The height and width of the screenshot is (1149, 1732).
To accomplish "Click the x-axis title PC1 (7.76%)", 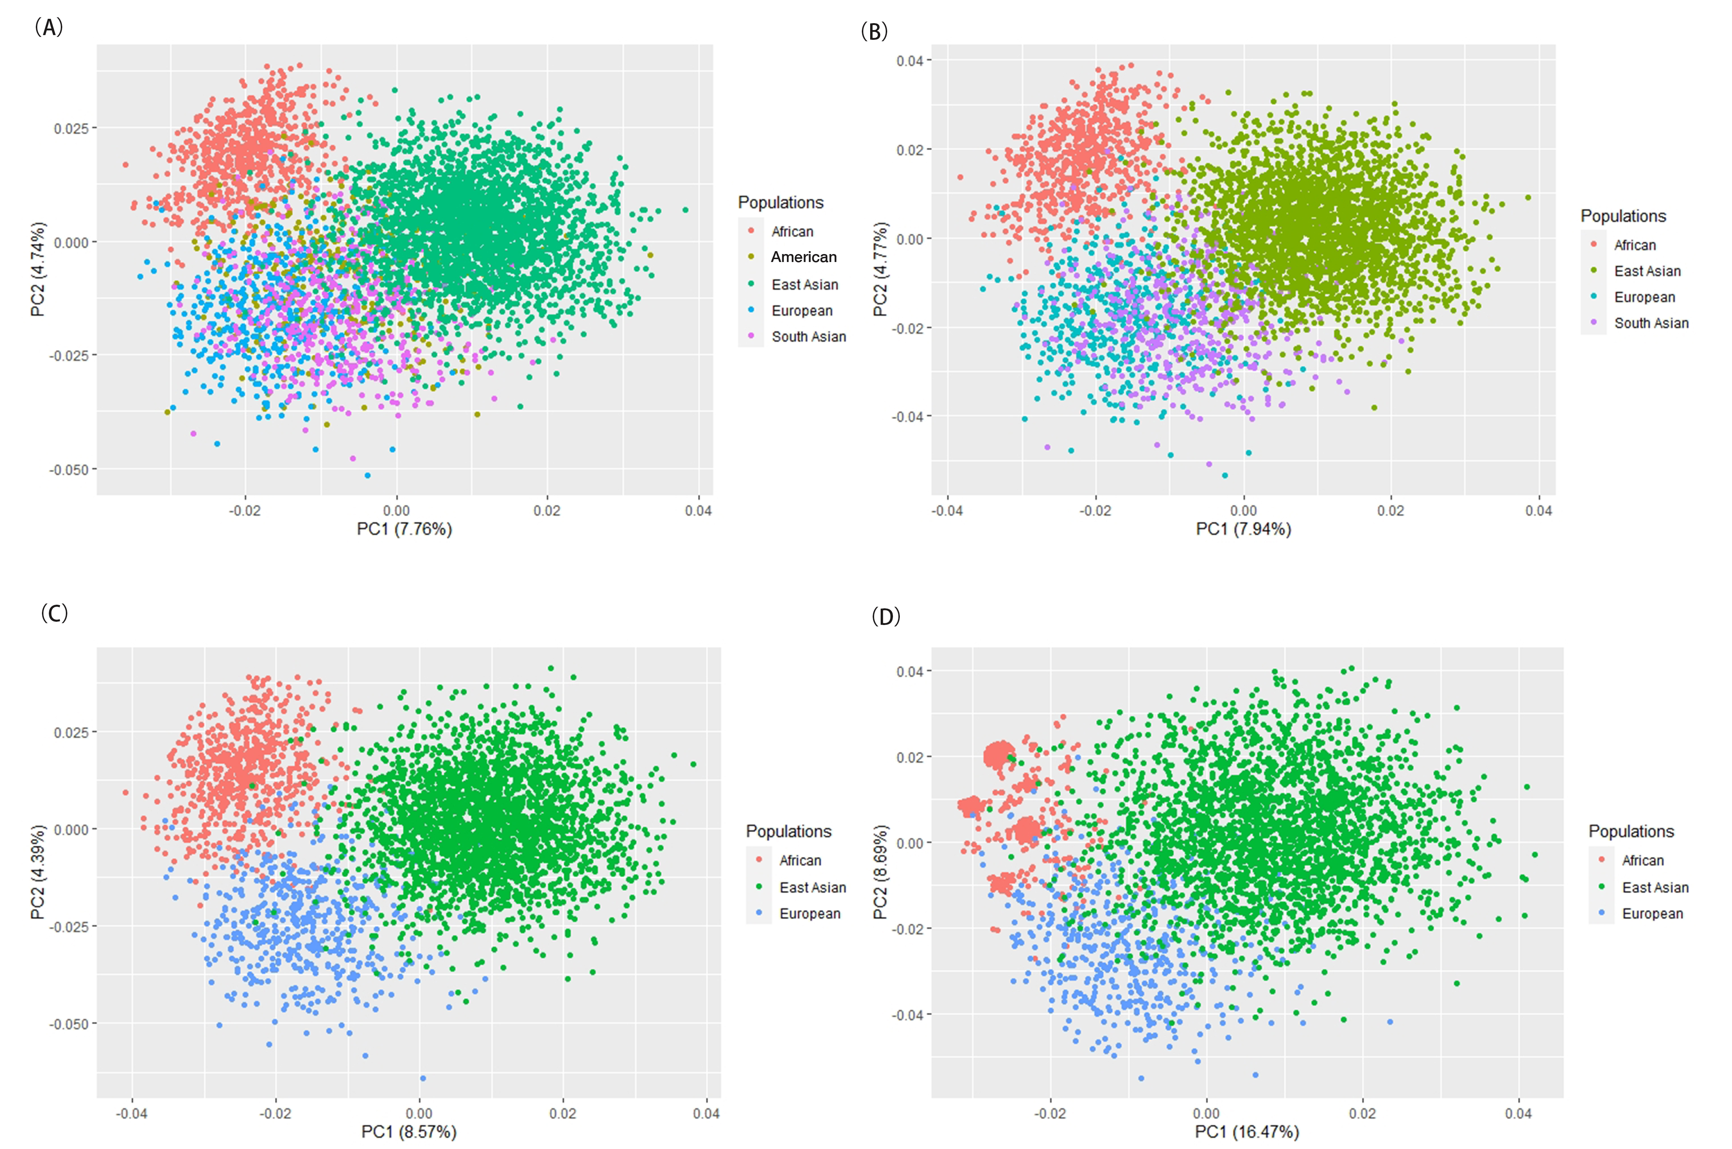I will [x=404, y=529].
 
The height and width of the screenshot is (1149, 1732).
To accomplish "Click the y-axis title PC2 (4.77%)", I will [x=880, y=270].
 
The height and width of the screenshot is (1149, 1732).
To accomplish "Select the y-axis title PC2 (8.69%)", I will [x=880, y=872].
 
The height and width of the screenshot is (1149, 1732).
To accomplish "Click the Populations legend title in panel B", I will [x=1623, y=216].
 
